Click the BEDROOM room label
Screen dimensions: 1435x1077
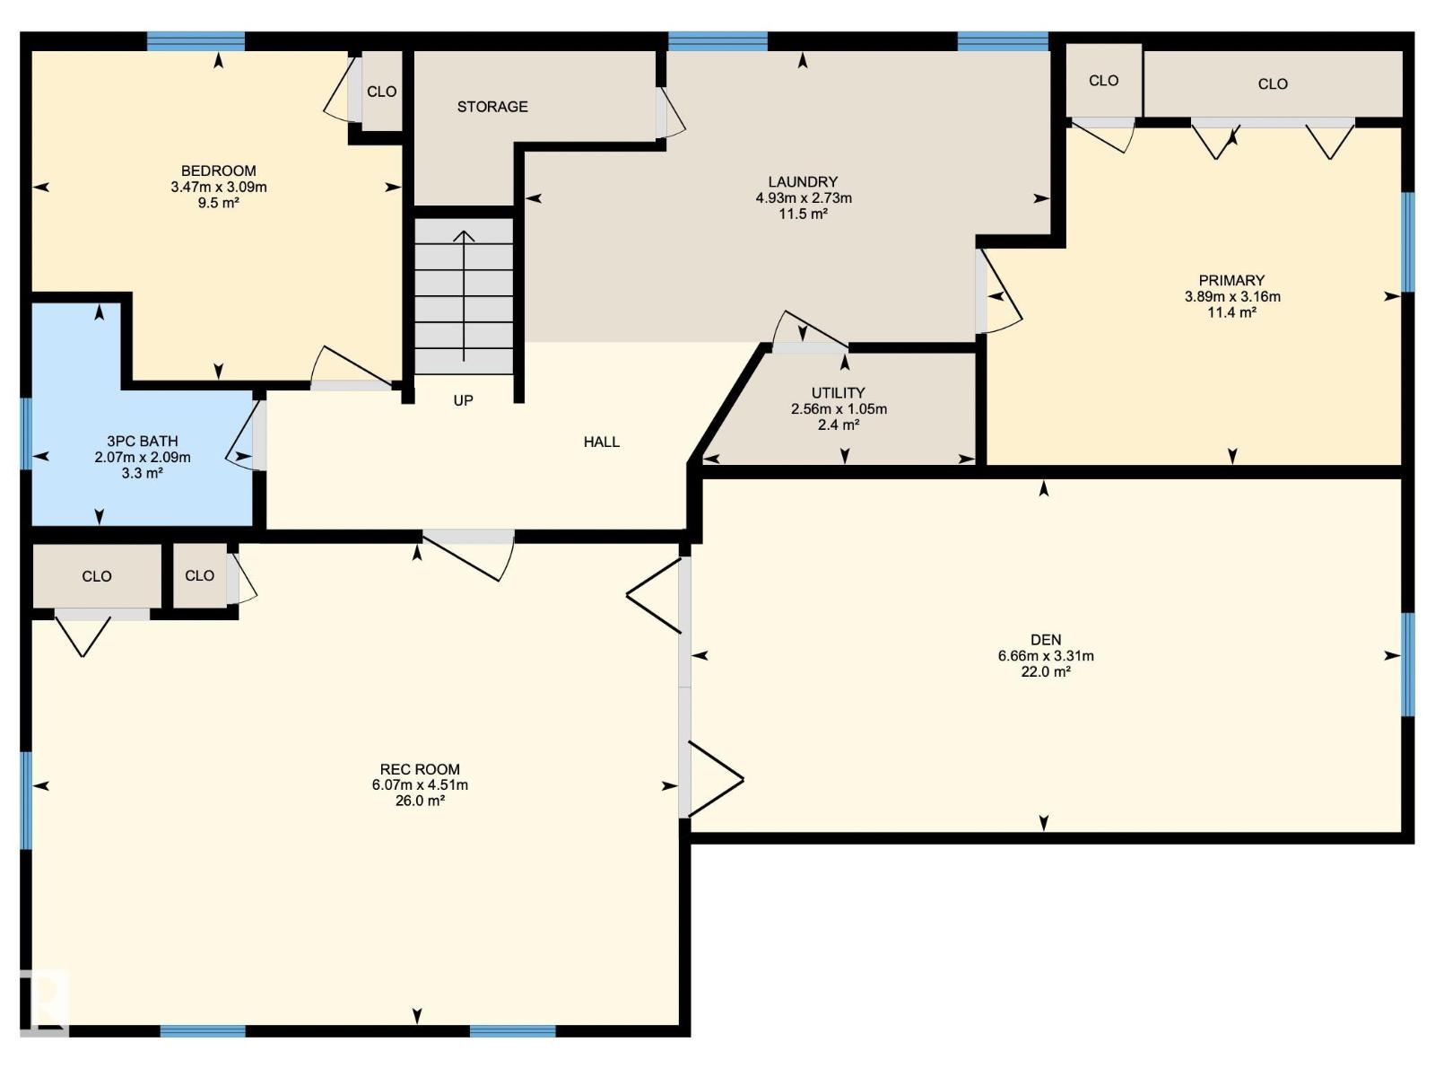click(x=218, y=171)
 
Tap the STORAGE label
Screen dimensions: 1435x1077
click(x=492, y=107)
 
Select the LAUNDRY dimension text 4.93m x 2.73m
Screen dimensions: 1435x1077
click(x=804, y=197)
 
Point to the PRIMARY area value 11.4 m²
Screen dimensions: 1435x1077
click(x=1231, y=312)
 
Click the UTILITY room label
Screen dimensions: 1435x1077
click(x=838, y=393)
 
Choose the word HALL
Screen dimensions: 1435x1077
click(x=602, y=442)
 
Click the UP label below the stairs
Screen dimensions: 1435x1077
click(x=463, y=400)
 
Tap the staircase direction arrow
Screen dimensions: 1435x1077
click(x=465, y=295)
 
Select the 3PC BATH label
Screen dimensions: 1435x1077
click(x=143, y=442)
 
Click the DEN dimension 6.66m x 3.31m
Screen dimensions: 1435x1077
click(x=1046, y=656)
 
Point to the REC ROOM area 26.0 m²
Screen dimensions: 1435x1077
click(x=420, y=801)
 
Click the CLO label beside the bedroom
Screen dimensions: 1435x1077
click(x=382, y=92)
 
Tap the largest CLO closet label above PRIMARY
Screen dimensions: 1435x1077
click(x=1272, y=83)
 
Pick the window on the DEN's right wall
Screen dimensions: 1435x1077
click(x=1408, y=664)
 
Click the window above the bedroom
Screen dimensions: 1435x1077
click(x=196, y=41)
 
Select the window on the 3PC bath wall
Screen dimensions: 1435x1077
click(x=26, y=433)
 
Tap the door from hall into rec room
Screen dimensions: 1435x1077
click(x=468, y=555)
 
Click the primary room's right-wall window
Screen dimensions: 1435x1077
click(x=1408, y=242)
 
